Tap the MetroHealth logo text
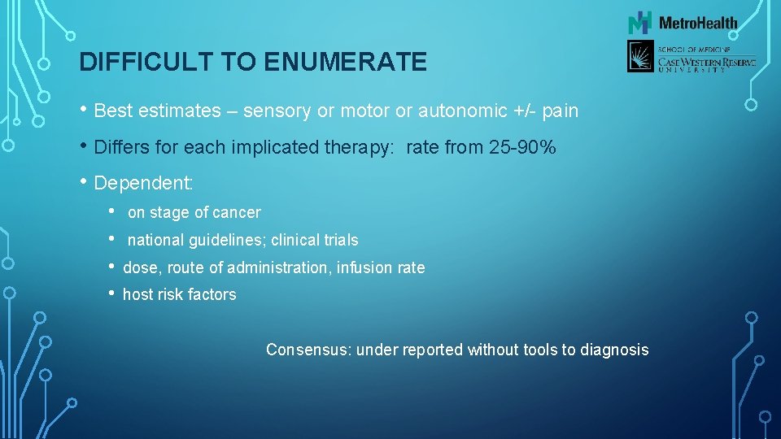coord(698,23)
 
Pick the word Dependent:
coord(144,183)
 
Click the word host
coord(136,295)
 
